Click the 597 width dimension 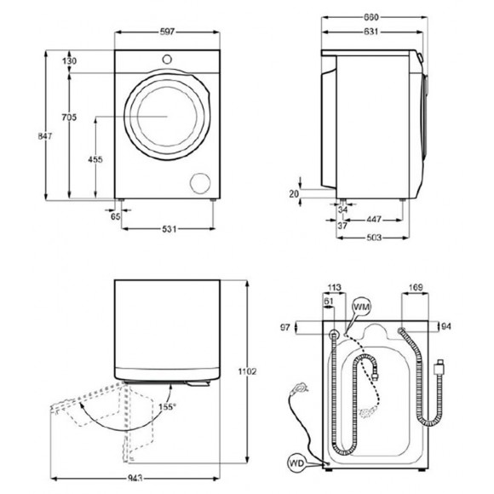pyautogui.click(x=167, y=32)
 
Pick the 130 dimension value pyautogui.click(x=70, y=61)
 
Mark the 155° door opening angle pyautogui.click(x=166, y=407)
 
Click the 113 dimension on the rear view pyautogui.click(x=333, y=288)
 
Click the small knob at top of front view pyautogui.click(x=167, y=59)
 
